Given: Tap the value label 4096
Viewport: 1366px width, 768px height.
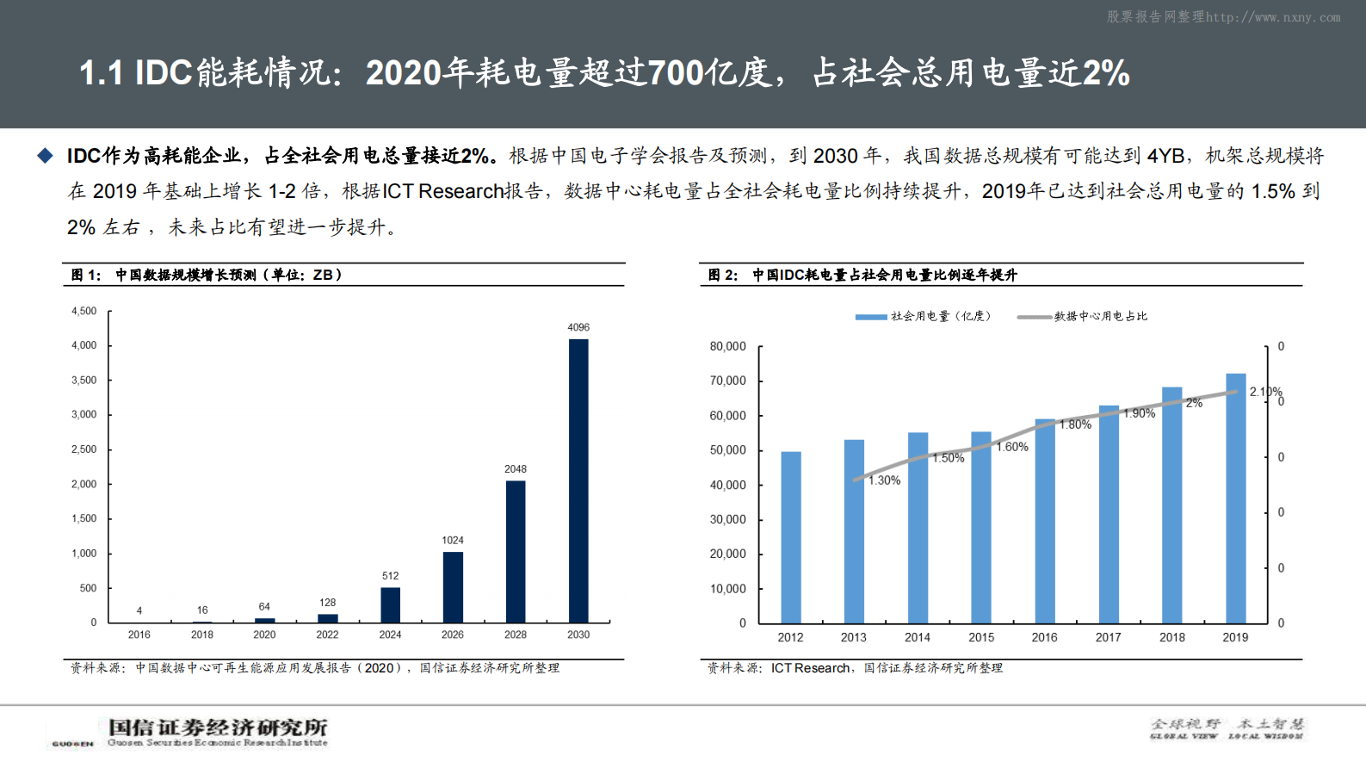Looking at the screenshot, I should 578,327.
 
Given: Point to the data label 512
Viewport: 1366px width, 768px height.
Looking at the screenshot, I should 390,576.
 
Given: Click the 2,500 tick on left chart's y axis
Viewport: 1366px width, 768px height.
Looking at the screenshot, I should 84,449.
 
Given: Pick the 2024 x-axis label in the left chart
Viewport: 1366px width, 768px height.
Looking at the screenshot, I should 390,635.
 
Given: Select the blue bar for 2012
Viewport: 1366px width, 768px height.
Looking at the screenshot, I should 791,537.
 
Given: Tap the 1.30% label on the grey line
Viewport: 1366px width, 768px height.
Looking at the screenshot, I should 885,480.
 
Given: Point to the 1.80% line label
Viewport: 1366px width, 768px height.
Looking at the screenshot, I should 1075,424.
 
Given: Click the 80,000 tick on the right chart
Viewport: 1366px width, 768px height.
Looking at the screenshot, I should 728,346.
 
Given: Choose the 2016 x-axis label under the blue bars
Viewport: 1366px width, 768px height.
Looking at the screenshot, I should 1044,637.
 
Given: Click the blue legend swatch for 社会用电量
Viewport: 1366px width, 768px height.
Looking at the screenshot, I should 871,317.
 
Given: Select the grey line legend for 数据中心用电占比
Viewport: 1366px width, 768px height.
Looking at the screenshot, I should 1035,317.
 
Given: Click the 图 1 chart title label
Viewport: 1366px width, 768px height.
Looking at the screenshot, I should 86,275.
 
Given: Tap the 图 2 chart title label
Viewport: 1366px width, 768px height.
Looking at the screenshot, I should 723,275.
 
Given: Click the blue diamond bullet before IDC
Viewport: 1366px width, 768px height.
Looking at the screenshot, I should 45,156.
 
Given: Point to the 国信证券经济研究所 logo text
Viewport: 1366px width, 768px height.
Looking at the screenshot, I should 218,728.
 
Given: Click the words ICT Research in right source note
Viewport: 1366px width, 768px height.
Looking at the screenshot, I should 810,668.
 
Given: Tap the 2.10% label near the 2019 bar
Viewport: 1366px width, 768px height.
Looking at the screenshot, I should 1265,392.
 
